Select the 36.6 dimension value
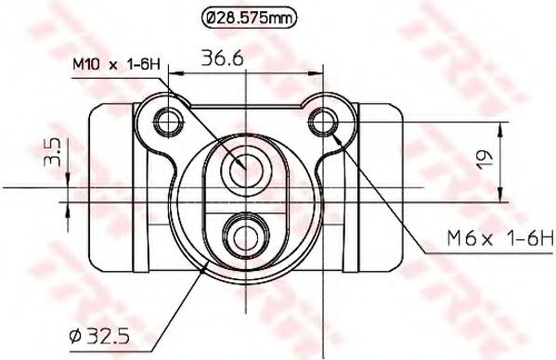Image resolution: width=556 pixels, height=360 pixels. [223, 58]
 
